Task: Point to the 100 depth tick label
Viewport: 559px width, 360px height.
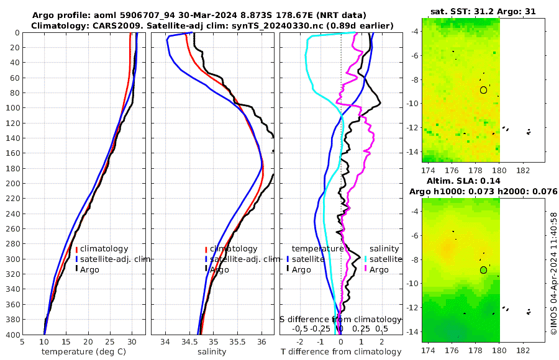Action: pos(11,108)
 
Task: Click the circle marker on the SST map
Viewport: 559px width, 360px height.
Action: pos(483,90)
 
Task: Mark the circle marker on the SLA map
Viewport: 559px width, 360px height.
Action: pos(483,270)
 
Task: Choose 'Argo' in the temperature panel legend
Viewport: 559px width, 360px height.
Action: pos(89,269)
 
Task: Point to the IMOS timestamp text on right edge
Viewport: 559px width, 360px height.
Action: pos(553,274)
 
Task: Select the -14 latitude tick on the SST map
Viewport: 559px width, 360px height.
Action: pos(413,151)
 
